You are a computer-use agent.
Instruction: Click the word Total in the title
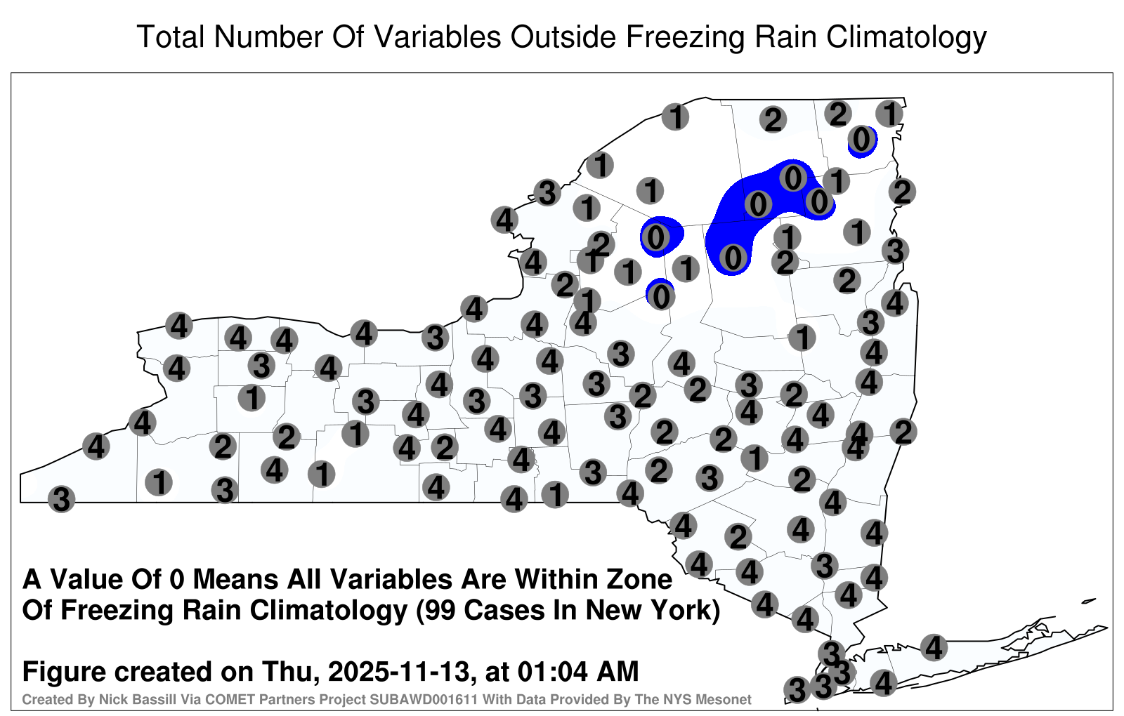tap(171, 37)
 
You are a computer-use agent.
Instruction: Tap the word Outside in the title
tap(563, 37)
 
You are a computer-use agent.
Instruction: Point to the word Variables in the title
tap(437, 37)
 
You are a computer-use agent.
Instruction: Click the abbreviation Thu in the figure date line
tap(291, 671)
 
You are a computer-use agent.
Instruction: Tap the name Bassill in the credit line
tap(117, 699)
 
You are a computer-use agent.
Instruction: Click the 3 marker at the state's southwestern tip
tap(61, 499)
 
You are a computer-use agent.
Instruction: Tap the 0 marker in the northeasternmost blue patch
tap(861, 140)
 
